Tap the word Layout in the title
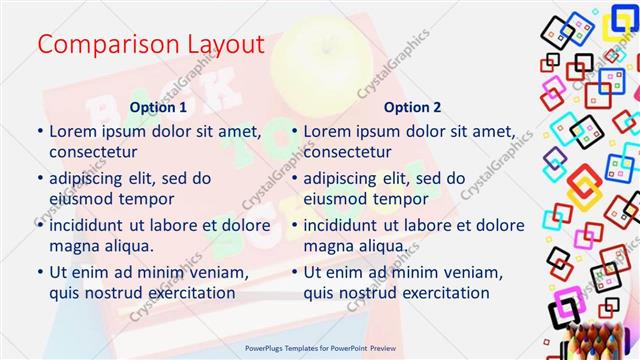[x=219, y=45]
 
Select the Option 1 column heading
[x=158, y=106]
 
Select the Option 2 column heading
[x=413, y=106]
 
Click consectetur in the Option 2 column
[x=347, y=152]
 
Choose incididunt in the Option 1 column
[x=93, y=224]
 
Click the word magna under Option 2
[x=329, y=245]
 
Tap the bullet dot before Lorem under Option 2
[x=295, y=131]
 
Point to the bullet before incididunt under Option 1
[x=40, y=224]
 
